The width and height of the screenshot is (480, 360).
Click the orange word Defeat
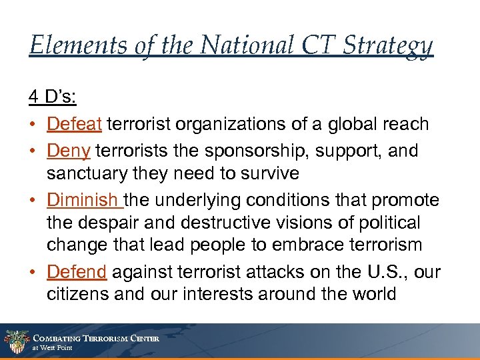point(74,124)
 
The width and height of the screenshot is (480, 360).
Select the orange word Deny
point(68,151)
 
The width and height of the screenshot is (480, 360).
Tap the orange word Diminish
point(83,200)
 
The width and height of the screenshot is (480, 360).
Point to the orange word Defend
point(76,272)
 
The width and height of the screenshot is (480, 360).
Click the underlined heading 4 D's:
point(53,97)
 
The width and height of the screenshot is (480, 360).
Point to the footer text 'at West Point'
point(53,348)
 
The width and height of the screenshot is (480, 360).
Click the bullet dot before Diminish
point(33,201)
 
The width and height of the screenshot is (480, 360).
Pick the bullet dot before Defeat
point(33,125)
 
